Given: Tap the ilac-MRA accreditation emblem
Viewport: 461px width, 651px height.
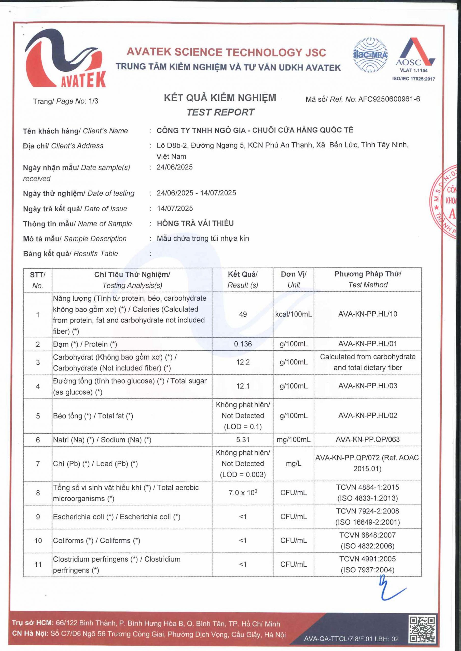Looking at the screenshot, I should [370, 55].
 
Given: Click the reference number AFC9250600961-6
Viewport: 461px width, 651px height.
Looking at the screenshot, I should [389, 99].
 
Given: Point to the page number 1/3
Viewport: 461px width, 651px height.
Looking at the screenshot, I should [93, 101].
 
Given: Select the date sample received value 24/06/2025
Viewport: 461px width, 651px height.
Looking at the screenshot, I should [175, 167].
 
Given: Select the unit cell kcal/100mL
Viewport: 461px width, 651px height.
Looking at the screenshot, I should [294, 314].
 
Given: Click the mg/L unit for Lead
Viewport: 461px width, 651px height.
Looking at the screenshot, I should [294, 464].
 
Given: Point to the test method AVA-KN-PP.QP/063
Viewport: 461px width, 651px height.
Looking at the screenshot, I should [368, 439].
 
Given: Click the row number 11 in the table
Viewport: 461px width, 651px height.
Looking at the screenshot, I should [38, 564].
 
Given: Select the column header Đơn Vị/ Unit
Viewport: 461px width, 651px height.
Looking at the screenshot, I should [294, 279].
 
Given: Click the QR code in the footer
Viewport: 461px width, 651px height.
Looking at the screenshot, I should [422, 629].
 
